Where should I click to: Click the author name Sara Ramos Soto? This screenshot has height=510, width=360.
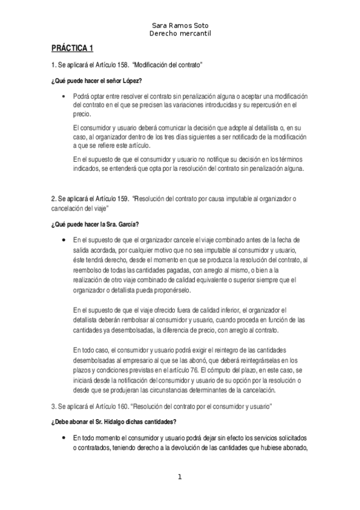click(x=180, y=27)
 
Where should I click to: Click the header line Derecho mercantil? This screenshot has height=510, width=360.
click(x=180, y=34)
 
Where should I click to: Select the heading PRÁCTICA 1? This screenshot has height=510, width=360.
click(x=72, y=49)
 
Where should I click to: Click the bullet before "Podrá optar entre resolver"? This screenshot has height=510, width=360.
click(x=64, y=96)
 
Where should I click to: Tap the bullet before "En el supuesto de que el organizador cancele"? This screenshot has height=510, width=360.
click(x=64, y=241)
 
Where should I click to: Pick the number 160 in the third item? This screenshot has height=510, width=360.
click(x=118, y=407)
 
